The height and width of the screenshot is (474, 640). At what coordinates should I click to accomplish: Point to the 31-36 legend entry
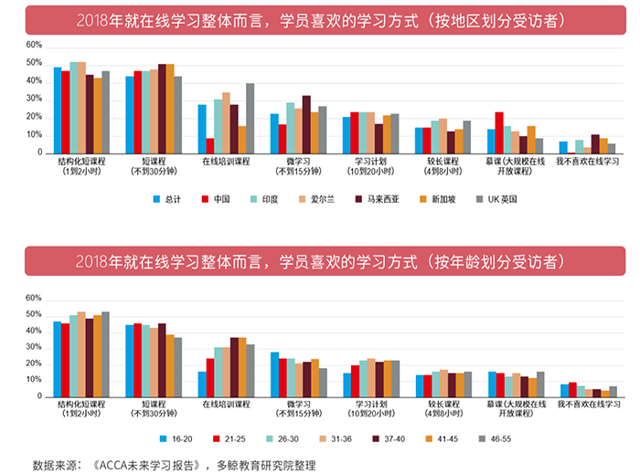pos(338,437)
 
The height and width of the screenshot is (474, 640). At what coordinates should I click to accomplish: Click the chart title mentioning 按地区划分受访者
pos(319,20)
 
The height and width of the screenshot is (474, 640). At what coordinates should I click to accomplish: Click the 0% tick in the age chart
pos(36,396)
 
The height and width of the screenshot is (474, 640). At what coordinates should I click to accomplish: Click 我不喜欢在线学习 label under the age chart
pos(588,405)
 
